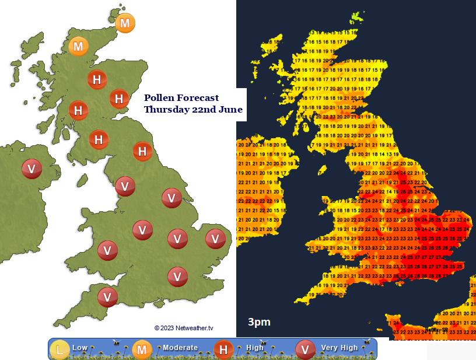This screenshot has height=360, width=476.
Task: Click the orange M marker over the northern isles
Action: (x=125, y=24)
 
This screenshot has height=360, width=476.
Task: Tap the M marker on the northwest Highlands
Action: (x=79, y=46)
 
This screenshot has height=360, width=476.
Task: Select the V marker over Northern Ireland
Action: (x=32, y=169)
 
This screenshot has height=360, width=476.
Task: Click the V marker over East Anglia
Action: (x=215, y=238)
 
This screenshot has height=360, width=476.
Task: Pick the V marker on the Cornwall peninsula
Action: (x=107, y=296)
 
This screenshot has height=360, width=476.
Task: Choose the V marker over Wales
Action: (x=107, y=250)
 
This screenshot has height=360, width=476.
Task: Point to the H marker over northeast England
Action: (x=142, y=151)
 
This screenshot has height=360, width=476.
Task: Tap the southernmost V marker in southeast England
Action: (x=177, y=276)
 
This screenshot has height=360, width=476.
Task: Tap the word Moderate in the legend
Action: (x=180, y=348)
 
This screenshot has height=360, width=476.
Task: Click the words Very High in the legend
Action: (x=339, y=348)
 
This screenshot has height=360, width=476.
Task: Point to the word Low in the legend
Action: (x=80, y=348)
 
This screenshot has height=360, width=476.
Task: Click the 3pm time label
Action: (x=259, y=322)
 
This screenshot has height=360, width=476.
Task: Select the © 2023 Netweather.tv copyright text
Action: (x=184, y=328)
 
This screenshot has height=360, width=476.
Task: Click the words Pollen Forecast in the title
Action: (x=181, y=98)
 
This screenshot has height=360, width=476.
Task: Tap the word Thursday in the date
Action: (x=166, y=110)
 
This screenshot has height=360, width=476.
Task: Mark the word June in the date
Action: (x=231, y=110)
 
